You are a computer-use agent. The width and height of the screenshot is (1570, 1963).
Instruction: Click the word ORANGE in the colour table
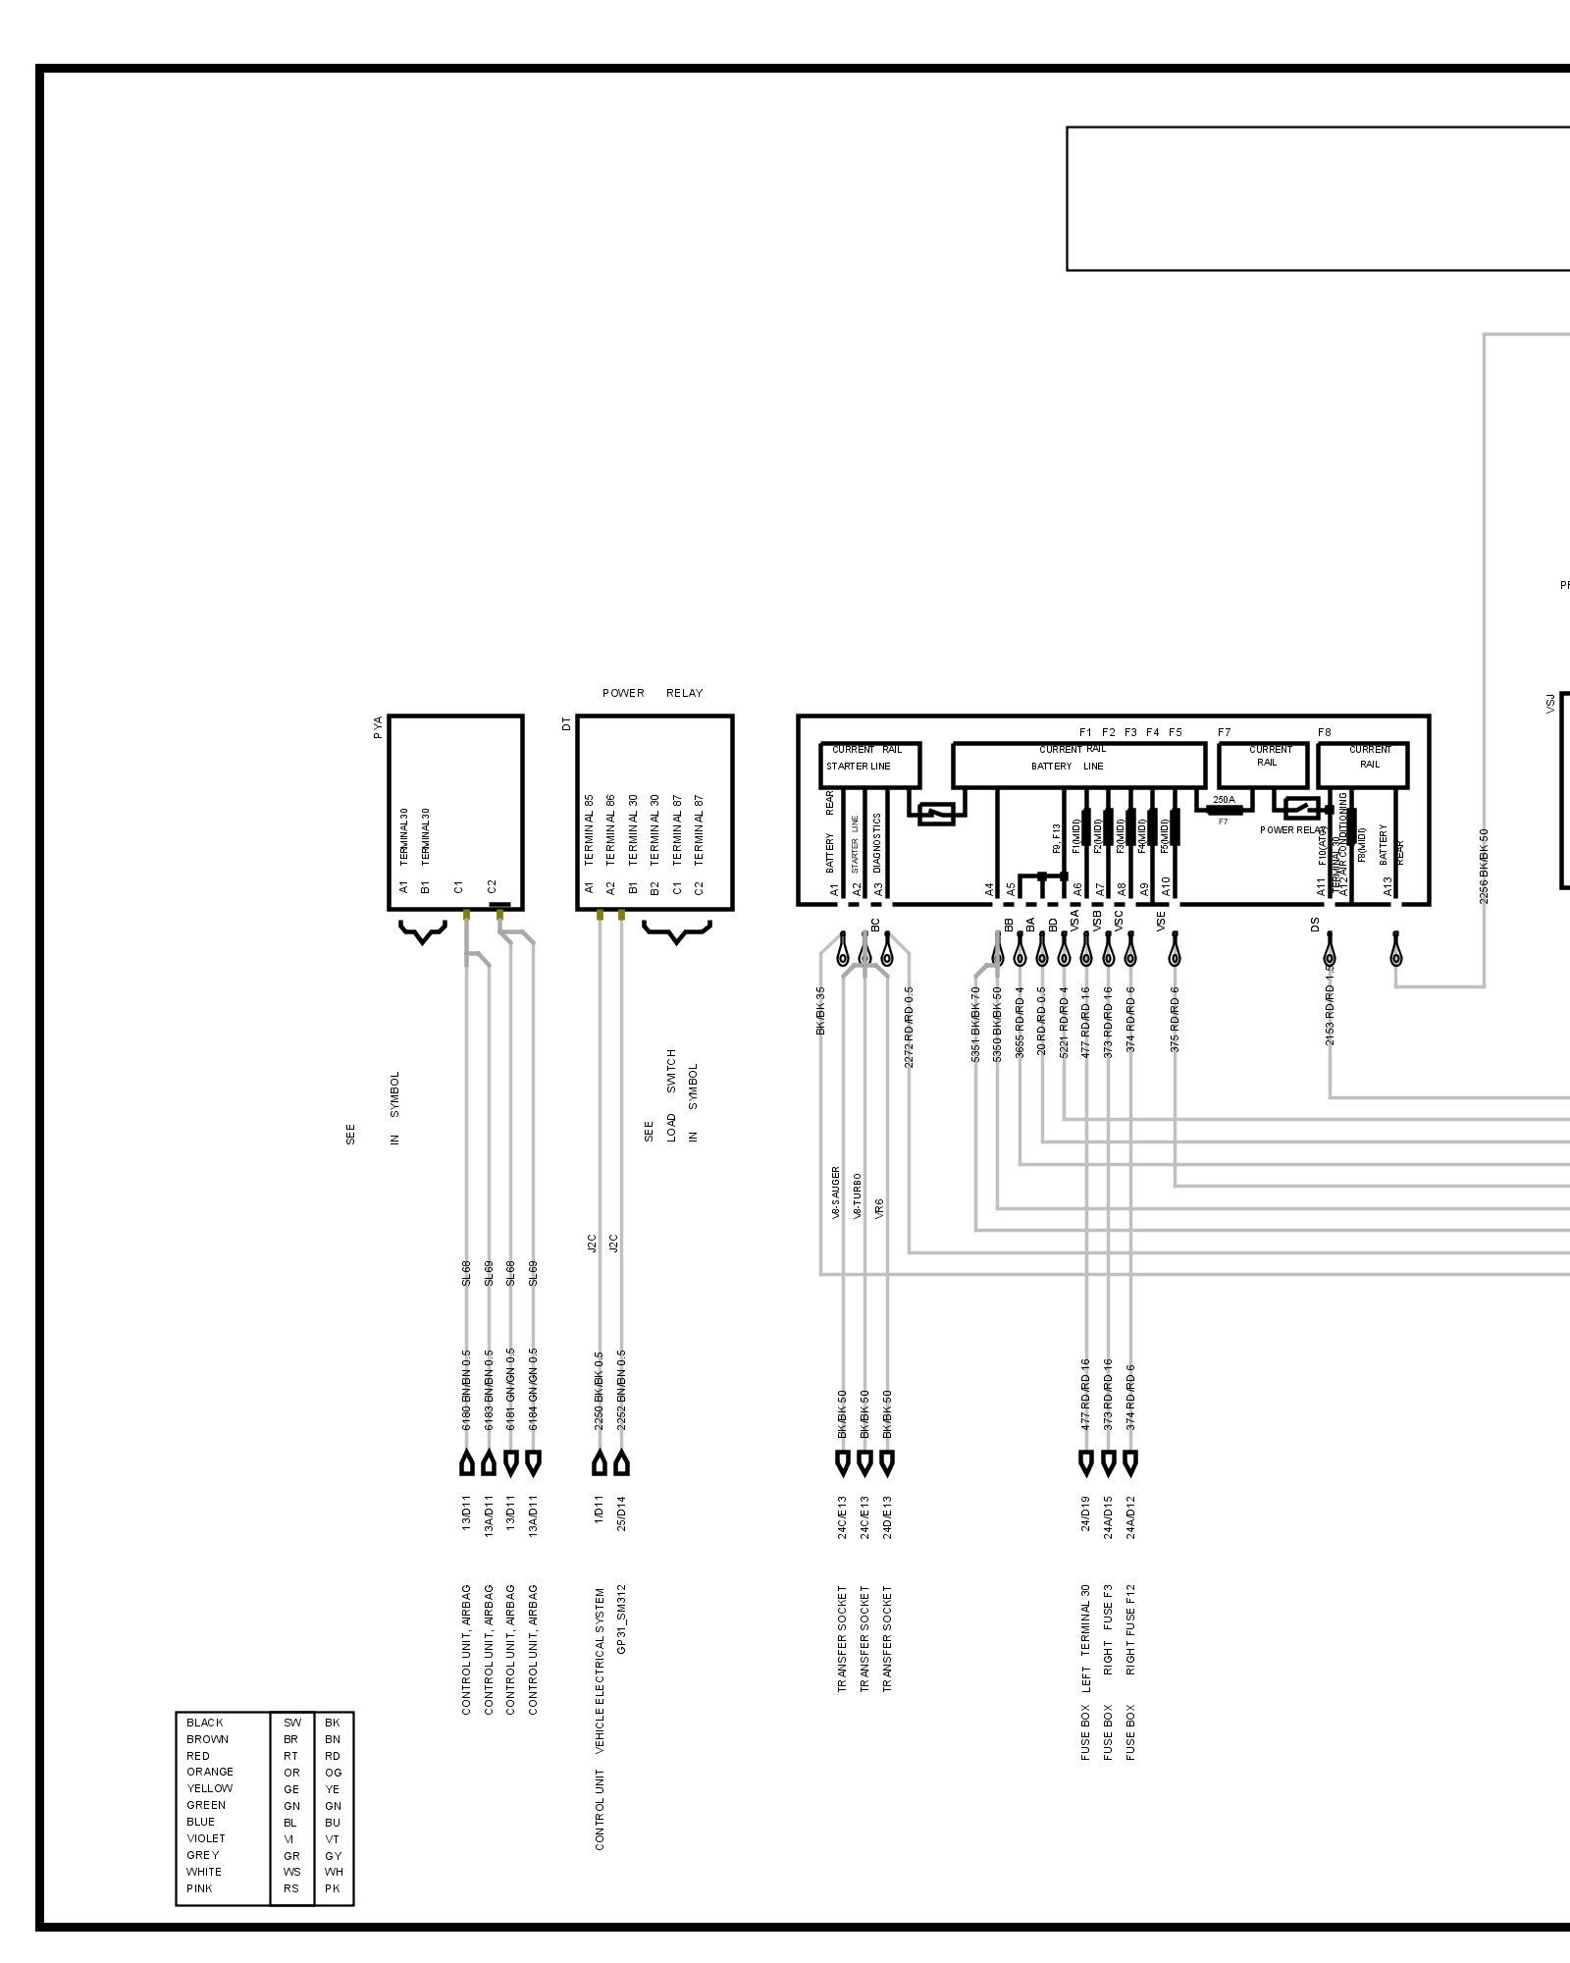click(x=210, y=1772)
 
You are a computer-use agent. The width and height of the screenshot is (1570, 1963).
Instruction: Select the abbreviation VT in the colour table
click(x=333, y=1838)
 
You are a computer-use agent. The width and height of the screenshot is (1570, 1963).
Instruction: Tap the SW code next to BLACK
click(x=291, y=1723)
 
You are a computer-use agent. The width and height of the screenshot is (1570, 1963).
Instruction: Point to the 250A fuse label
click(x=1224, y=800)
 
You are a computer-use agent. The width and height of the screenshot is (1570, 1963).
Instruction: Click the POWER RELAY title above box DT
click(x=653, y=693)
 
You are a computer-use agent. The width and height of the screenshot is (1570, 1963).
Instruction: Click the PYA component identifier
click(x=379, y=727)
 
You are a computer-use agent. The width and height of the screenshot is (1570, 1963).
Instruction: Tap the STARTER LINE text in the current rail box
click(x=859, y=767)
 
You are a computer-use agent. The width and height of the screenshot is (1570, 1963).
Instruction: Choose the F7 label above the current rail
click(x=1224, y=732)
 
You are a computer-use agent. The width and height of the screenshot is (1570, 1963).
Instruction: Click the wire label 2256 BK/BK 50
click(x=1484, y=866)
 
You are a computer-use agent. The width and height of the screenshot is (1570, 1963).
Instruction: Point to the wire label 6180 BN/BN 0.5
click(x=467, y=1389)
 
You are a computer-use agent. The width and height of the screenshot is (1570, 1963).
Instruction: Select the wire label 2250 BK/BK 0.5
click(x=599, y=1389)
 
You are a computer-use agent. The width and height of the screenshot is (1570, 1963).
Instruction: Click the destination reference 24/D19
click(x=1086, y=1513)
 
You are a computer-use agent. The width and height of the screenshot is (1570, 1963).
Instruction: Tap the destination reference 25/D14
click(x=621, y=1513)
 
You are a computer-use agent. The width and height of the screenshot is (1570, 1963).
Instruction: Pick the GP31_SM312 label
click(x=621, y=1618)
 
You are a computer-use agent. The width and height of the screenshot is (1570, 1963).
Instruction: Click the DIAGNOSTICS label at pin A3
click(x=878, y=842)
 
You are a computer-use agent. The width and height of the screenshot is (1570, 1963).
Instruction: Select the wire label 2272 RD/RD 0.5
click(x=910, y=1027)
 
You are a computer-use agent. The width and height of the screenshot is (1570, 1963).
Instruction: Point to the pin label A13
click(x=1388, y=886)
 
